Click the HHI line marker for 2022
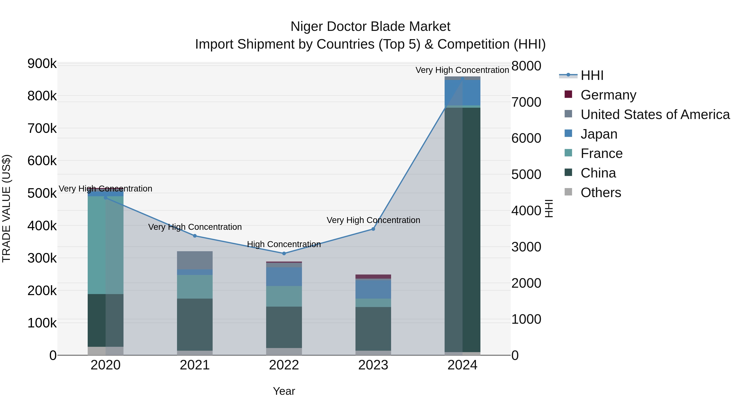284,253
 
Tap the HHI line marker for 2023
373,229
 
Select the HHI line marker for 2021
195,236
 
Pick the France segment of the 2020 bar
106,245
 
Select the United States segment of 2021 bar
195,260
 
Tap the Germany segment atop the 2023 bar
373,277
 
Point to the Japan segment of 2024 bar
463,93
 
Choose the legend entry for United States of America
655,114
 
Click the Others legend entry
601,193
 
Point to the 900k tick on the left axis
42,64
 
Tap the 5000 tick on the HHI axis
526,174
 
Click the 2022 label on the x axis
284,365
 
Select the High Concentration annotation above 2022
284,244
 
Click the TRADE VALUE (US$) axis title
6,208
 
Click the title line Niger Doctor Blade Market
370,27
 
